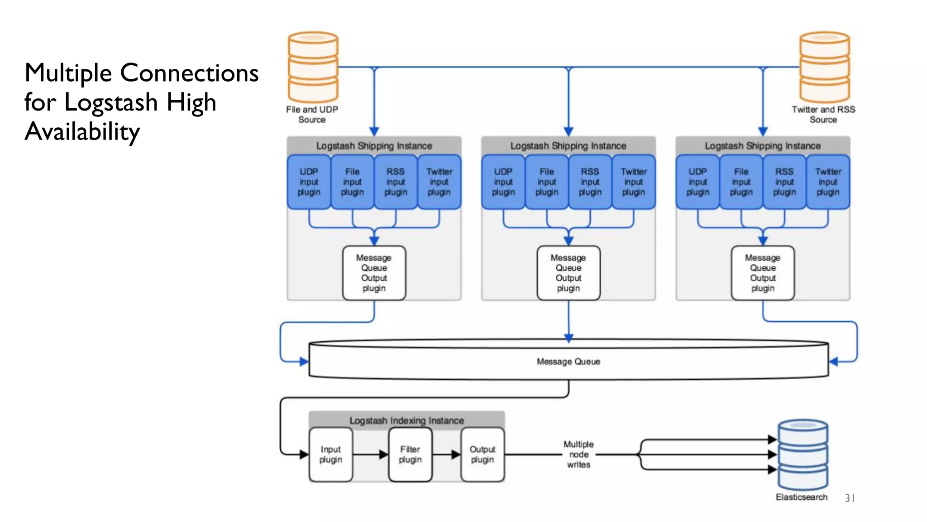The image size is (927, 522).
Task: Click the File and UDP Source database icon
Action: tap(313, 67)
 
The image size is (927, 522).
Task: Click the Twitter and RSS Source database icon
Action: tap(824, 67)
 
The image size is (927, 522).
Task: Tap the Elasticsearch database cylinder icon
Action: tap(803, 454)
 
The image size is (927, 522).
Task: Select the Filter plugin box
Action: tap(410, 454)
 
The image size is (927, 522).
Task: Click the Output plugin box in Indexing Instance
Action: tap(482, 454)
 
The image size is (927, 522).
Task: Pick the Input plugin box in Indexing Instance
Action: tap(330, 454)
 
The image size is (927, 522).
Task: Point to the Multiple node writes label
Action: tap(578, 454)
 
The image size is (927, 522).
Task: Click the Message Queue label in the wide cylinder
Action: tap(568, 362)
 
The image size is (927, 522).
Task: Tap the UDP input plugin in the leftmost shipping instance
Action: tap(309, 182)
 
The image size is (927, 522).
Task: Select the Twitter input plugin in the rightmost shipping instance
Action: tap(828, 182)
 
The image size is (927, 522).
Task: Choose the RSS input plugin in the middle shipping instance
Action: tap(590, 182)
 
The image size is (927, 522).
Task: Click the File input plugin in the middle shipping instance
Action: tap(546, 182)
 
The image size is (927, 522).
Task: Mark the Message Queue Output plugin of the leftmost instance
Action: tap(374, 273)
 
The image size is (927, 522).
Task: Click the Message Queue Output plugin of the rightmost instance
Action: tap(763, 273)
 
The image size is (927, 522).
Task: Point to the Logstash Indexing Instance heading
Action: tap(406, 420)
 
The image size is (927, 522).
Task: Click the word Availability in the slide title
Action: tap(82, 132)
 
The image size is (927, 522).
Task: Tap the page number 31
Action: tap(850, 498)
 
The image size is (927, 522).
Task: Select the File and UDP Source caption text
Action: tap(312, 115)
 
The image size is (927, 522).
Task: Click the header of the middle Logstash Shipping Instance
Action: tap(568, 146)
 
